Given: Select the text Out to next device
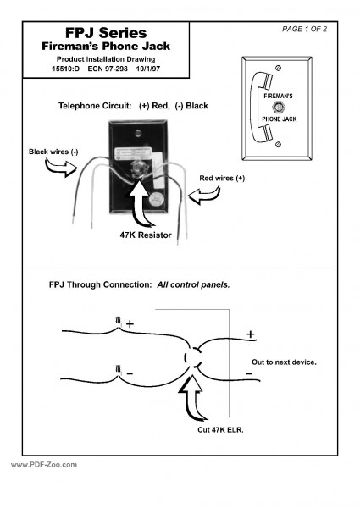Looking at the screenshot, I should click(x=285, y=362).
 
